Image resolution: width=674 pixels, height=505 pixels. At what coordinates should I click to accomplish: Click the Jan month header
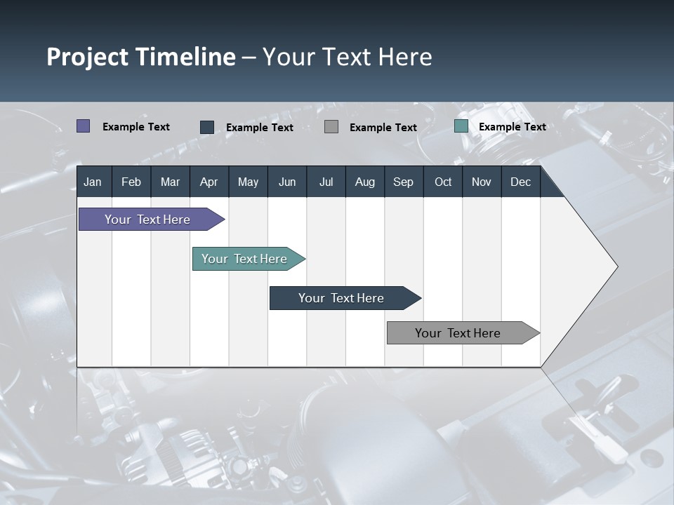[x=93, y=182]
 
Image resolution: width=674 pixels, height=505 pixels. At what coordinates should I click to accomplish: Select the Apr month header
[x=209, y=182]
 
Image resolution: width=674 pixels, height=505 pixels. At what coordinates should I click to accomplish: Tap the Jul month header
[x=326, y=182]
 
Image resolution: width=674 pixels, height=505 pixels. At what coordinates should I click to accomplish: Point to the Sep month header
[x=403, y=182]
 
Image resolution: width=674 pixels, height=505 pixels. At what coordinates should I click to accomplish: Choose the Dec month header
[x=520, y=182]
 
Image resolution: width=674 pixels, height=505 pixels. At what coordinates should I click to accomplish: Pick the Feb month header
[x=131, y=182]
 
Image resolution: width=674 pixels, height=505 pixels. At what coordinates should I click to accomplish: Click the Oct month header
[x=443, y=182]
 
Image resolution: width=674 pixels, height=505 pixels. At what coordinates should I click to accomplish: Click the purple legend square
[x=84, y=126]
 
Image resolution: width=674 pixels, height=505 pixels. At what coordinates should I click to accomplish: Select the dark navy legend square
[x=207, y=127]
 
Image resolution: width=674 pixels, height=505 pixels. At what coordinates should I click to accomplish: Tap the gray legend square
[x=331, y=127]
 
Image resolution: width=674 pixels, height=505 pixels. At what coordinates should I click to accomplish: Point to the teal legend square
[x=461, y=126]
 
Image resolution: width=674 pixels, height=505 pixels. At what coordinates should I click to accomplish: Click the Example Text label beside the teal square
[x=512, y=127]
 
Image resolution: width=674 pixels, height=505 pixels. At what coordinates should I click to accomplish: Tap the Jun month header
[x=287, y=182]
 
